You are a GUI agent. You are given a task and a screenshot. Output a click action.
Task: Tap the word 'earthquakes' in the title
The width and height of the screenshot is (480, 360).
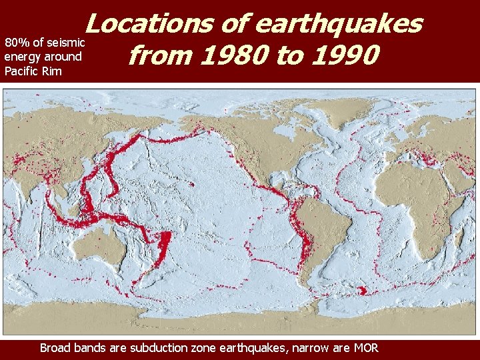[x=339, y=24]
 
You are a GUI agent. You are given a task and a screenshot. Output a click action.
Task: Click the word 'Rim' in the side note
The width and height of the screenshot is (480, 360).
[x=53, y=71]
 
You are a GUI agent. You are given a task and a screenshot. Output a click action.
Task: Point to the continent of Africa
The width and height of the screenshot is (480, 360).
[x=413, y=200]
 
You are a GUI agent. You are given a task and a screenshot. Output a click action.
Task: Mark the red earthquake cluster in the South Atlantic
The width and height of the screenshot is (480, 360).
[x=361, y=290]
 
